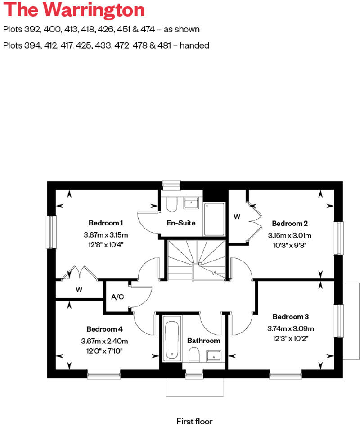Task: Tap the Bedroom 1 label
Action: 106,223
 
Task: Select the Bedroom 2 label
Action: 290,223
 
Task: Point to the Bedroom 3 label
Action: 290,316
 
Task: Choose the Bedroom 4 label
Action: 104,328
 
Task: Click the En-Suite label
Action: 181,223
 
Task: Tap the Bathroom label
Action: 204,341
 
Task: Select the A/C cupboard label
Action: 117,297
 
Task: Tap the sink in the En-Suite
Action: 191,203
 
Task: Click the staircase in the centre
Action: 197,260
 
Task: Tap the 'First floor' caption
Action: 194,421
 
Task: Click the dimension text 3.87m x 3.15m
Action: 106,235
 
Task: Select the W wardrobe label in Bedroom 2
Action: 237,217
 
